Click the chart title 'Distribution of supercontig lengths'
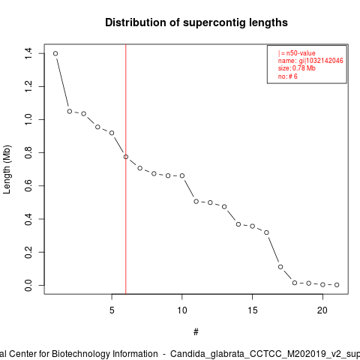196,22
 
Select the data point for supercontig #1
55,53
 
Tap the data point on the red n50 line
126,157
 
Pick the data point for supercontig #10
182,175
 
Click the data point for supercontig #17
280,267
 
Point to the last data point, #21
337,285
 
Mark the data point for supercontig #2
70,111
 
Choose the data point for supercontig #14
238,224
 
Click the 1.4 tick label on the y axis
28,53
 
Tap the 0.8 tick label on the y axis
28,153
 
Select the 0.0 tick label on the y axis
28,285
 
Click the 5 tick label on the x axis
112,310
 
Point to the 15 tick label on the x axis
253,310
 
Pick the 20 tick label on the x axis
322,310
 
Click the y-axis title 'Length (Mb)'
7,169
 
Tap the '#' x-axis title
196,332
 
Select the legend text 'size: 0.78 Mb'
297,68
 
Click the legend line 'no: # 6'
288,76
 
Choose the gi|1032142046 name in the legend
321,61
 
